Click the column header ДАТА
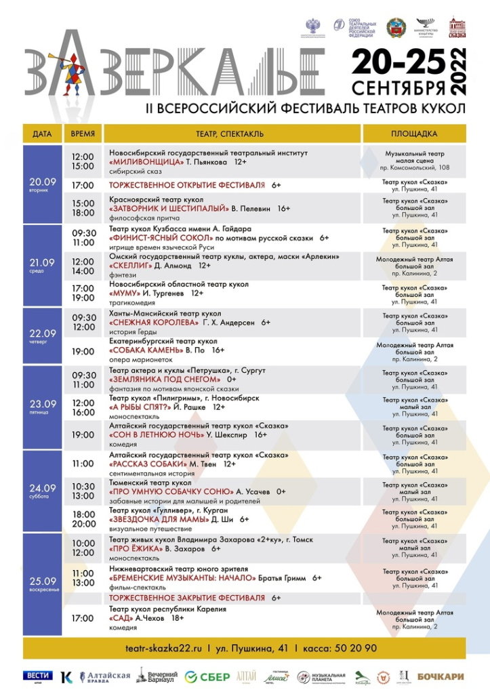click(x=42, y=134)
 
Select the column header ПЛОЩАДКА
click(x=413, y=134)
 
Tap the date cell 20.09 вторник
click(x=42, y=184)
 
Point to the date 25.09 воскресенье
click(x=42, y=584)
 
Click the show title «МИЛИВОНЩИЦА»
click(x=146, y=163)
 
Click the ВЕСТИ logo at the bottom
click(x=38, y=676)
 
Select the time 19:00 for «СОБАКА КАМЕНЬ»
click(x=83, y=352)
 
